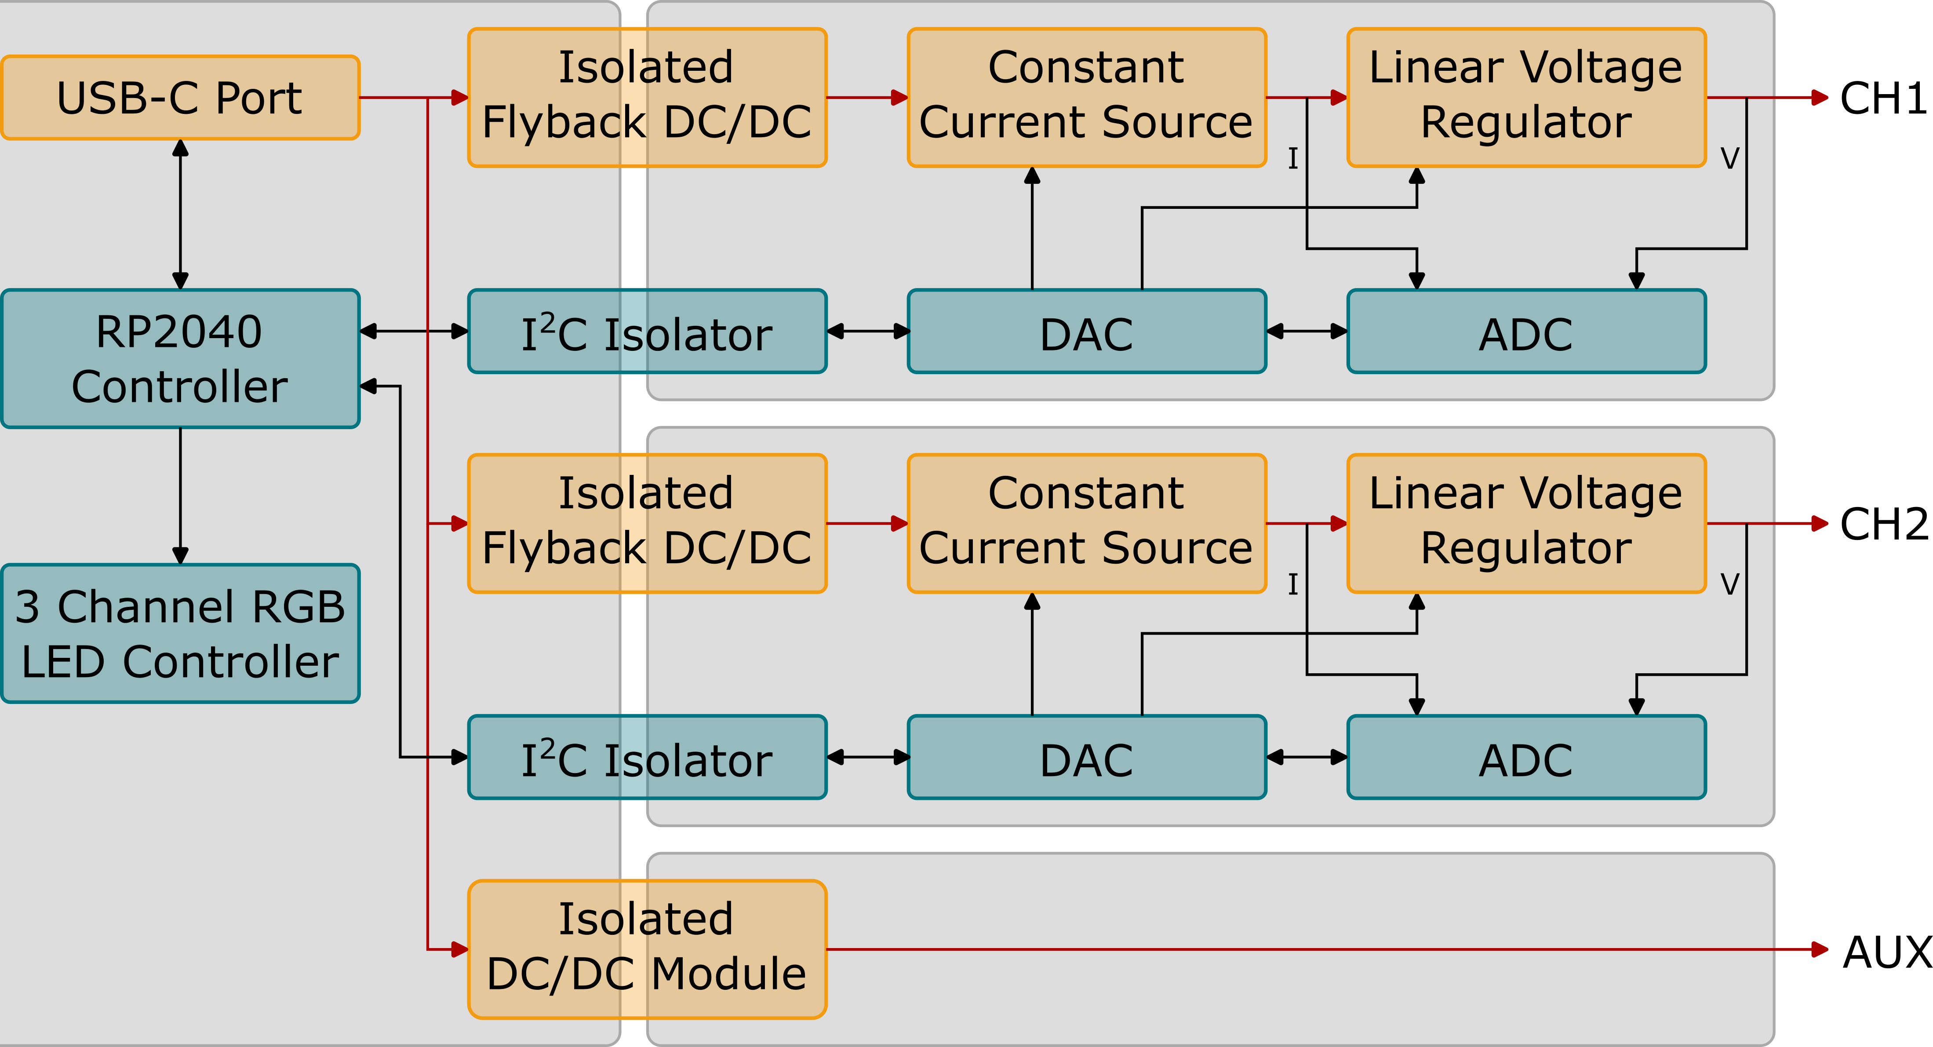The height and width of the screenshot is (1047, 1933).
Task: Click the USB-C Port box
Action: click(x=180, y=98)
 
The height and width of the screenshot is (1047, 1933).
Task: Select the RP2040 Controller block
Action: click(x=180, y=359)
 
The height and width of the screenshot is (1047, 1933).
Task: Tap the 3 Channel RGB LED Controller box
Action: click(x=180, y=634)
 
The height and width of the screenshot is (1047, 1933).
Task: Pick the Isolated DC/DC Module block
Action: click(x=647, y=949)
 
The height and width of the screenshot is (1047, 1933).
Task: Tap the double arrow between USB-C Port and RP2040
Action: click(x=180, y=214)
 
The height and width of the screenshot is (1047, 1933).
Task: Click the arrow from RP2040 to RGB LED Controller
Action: click(x=180, y=495)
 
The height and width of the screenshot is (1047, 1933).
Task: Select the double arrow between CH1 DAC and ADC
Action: click(x=1307, y=331)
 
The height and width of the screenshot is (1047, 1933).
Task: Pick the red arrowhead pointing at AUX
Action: click(x=1819, y=949)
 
